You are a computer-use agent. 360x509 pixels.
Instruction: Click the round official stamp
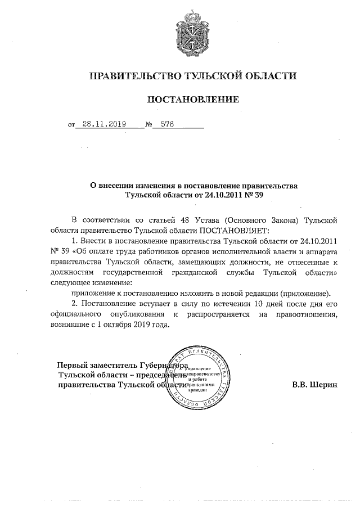(x=197, y=376)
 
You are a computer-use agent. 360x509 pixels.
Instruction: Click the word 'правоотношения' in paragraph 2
(x=308, y=315)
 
